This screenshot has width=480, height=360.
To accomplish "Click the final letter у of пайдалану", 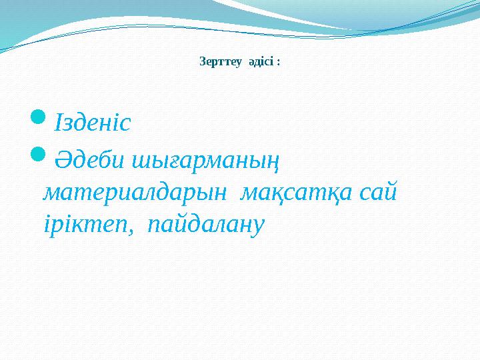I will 259,227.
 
